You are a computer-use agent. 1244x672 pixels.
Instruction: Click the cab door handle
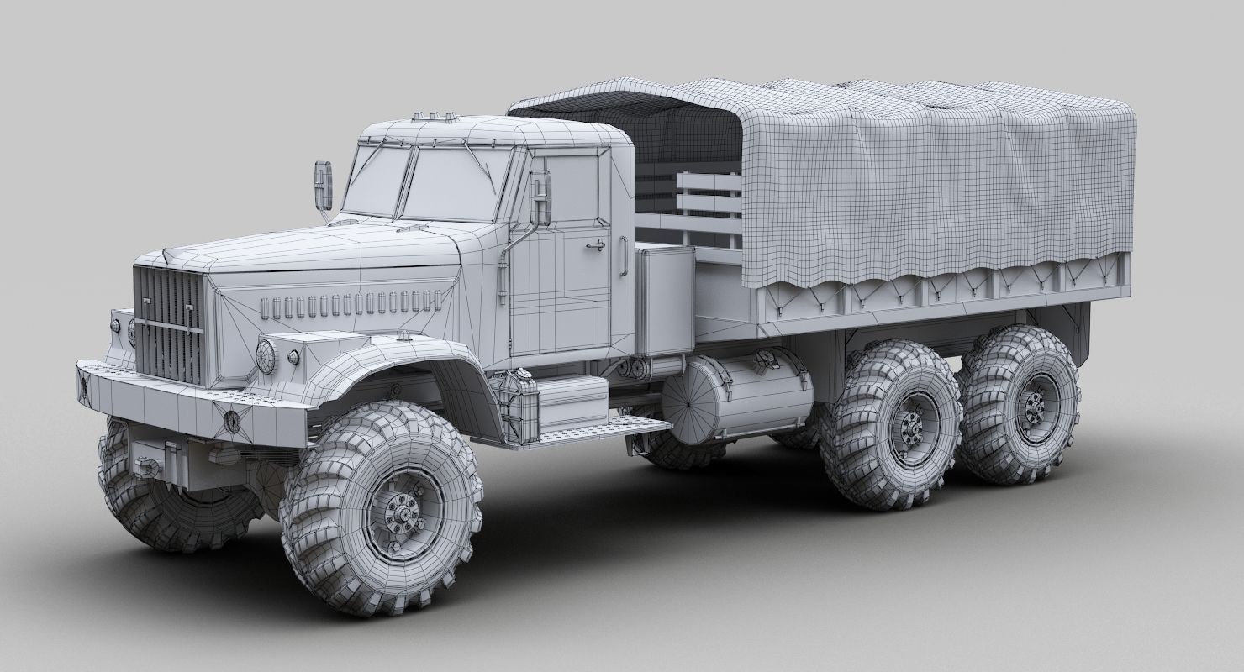[x=594, y=244]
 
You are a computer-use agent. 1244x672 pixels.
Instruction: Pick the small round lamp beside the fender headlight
[x=293, y=358]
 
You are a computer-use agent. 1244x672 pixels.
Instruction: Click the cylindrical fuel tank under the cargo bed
[x=731, y=399]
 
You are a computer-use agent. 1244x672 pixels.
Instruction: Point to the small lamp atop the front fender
[x=409, y=337]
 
